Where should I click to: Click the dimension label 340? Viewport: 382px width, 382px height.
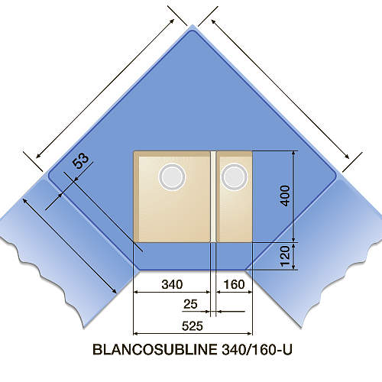(172, 284)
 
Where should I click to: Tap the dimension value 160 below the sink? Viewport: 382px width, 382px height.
(234, 284)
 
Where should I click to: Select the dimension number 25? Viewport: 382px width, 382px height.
(190, 304)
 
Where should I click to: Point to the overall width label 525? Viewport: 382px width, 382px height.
(193, 326)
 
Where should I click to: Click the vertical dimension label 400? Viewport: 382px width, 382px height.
(285, 196)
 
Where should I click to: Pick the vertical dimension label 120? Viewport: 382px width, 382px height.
(285, 256)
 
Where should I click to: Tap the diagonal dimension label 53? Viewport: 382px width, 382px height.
(80, 160)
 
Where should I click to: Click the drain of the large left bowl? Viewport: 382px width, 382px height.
(172, 176)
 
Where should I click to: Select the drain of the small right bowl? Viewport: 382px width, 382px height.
(235, 176)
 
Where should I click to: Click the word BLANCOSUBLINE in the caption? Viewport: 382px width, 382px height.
(155, 350)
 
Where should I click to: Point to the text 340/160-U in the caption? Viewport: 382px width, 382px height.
(257, 350)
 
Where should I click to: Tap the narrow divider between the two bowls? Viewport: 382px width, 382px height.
(213, 196)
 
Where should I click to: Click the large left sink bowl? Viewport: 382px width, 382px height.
(172, 196)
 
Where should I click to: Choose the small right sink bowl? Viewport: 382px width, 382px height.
(235, 196)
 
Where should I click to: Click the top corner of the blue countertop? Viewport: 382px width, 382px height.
(193, 25)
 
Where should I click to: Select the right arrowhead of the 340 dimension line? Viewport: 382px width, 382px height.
(208, 292)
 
